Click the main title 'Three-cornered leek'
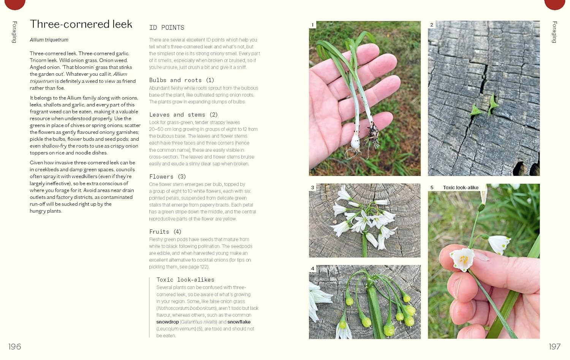(81, 24)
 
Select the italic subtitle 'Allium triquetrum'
(49, 40)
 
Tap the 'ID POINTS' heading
(166, 28)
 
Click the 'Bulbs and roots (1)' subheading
(181, 80)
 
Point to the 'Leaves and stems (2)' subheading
(183, 115)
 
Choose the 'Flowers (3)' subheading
(167, 177)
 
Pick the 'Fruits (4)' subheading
(165, 232)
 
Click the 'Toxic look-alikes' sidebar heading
(185, 280)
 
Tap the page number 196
(14, 346)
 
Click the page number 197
(554, 346)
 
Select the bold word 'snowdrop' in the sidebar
(168, 322)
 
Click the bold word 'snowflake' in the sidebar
(239, 322)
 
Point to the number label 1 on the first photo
(313, 25)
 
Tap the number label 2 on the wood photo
(432, 25)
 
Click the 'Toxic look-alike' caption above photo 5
(461, 188)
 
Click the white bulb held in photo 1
(355, 143)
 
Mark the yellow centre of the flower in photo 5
(464, 260)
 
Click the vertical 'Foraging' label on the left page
(14, 32)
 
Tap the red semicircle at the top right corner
(554, 4)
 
